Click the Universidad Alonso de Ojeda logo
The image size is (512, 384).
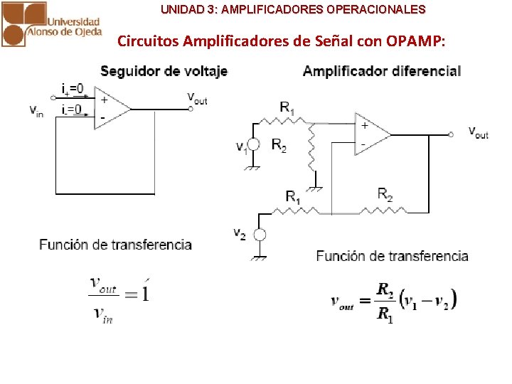(x=51, y=24)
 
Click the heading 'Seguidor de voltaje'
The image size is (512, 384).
(x=164, y=70)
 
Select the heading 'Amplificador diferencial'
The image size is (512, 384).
(x=382, y=70)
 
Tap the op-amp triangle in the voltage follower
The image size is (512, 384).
(x=110, y=108)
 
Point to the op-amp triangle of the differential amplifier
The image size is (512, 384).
(x=370, y=134)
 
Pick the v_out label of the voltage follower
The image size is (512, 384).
(x=197, y=97)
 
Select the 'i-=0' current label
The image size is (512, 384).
(x=71, y=109)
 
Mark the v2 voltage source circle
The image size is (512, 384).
(x=260, y=235)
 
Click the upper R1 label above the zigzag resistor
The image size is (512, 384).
(x=287, y=108)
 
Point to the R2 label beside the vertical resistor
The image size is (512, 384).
(x=279, y=145)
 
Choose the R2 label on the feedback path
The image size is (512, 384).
(x=385, y=194)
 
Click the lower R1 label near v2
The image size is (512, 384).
(x=293, y=196)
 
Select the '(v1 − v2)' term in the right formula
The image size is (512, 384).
(x=427, y=299)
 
